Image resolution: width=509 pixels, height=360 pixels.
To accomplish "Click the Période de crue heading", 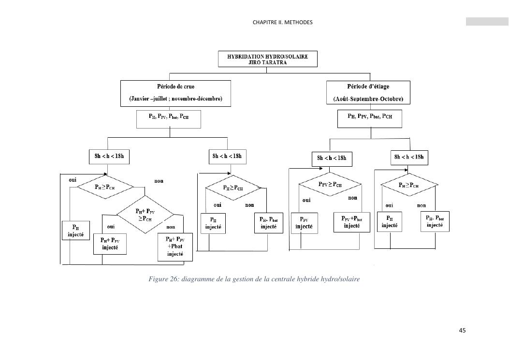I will (175, 86).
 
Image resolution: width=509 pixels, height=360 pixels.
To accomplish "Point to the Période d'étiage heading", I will (368, 86).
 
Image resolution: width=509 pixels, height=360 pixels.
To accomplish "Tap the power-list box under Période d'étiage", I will (370, 118).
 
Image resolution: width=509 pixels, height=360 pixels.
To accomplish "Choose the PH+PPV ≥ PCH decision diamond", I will (145, 214).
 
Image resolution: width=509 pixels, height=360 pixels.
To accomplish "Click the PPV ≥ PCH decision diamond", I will (330, 185).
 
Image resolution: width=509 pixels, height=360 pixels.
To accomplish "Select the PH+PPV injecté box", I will (112, 244).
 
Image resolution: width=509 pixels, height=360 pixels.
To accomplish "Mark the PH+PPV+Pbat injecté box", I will (175, 247).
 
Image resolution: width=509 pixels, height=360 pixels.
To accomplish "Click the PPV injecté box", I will (304, 223).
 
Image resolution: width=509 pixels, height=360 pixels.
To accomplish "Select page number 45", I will (462, 331).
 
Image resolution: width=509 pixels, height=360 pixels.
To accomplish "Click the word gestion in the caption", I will (235, 279).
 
